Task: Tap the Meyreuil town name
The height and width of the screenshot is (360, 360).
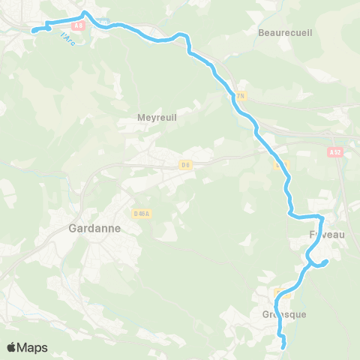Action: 157,117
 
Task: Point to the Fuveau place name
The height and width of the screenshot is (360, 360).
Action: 327,235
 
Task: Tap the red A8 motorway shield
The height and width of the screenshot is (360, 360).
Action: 79,25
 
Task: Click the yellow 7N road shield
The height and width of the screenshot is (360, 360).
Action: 241,95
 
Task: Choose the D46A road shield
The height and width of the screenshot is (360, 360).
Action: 142,213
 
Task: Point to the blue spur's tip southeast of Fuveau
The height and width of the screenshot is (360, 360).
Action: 327,261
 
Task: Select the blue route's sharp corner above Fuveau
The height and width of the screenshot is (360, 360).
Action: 321,217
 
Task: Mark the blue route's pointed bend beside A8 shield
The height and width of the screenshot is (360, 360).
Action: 84,13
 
